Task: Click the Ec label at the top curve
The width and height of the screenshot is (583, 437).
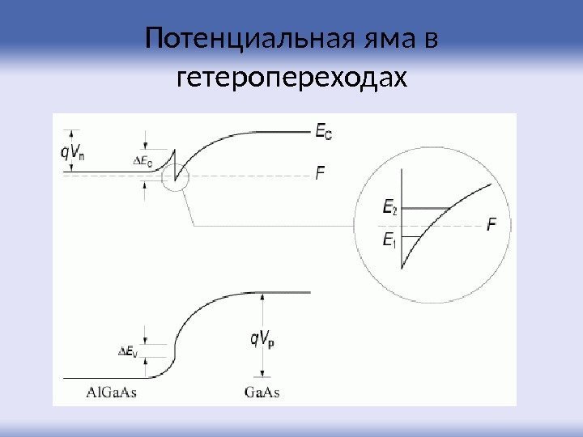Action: (322, 131)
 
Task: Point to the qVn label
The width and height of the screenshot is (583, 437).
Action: (74, 151)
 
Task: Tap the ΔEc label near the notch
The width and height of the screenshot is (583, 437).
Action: (143, 160)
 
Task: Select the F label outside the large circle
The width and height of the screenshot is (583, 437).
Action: (321, 172)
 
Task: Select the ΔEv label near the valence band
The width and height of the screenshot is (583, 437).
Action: (128, 351)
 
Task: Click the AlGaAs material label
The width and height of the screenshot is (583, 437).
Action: (112, 393)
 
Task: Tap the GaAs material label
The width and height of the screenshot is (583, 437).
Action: (262, 393)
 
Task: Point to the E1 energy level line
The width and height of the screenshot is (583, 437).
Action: (415, 236)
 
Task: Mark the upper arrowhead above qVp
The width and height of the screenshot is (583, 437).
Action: (262, 298)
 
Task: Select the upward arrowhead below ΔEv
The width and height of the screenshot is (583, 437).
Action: (145, 367)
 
